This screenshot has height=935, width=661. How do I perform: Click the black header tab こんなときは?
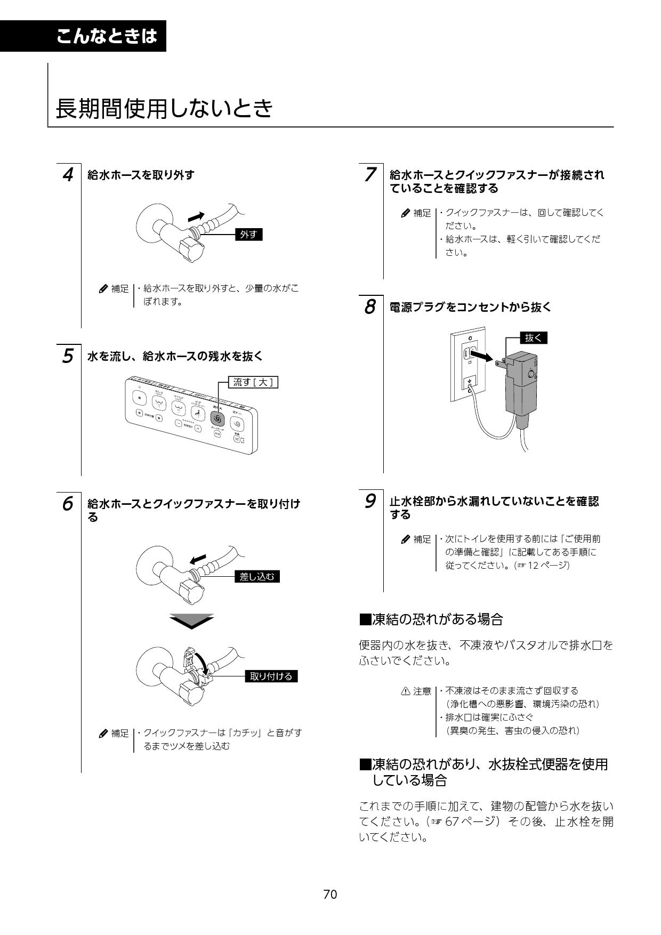(107, 36)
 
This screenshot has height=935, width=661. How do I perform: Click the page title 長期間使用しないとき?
(164, 109)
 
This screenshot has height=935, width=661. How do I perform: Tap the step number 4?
(68, 175)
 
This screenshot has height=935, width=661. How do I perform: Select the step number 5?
(68, 356)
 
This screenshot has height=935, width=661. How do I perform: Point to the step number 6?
(68, 504)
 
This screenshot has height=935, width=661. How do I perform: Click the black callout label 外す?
(249, 235)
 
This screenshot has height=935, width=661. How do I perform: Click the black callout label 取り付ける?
(271, 676)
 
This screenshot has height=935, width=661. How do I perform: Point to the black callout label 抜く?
(533, 338)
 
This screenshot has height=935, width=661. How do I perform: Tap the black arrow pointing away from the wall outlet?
(486, 356)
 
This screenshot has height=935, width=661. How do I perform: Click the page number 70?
(330, 894)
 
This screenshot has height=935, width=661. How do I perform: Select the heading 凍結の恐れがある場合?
(432, 619)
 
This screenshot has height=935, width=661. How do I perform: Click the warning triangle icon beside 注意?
(405, 691)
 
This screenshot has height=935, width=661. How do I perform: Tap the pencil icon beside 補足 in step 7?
(405, 213)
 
